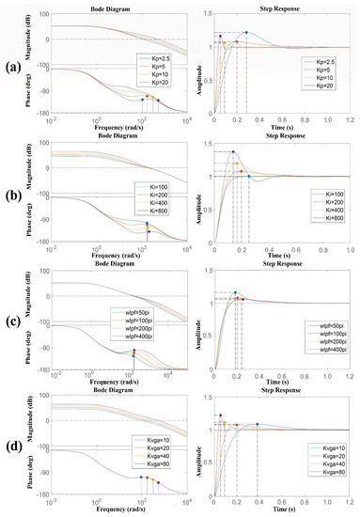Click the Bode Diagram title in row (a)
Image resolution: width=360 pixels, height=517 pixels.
pos(111,6)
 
